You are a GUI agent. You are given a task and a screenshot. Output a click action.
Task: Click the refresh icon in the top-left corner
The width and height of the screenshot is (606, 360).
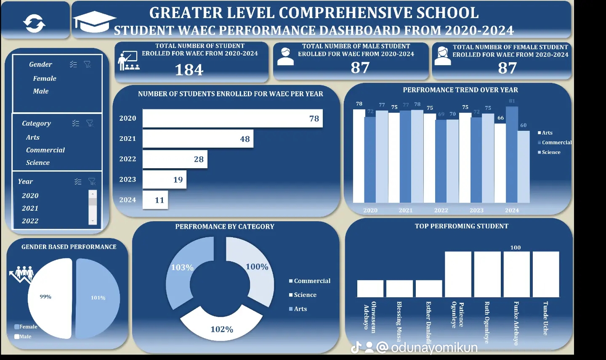35,23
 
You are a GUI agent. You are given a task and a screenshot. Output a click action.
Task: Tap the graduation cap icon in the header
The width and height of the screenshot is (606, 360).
94,22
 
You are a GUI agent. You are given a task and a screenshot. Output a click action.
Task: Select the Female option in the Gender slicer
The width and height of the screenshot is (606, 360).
45,79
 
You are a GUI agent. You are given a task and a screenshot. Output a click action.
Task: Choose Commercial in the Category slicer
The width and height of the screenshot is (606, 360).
45,150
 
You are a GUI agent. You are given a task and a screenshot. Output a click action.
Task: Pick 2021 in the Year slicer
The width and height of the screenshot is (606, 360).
30,208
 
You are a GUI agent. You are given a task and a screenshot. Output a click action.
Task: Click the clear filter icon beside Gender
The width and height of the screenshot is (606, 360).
88,64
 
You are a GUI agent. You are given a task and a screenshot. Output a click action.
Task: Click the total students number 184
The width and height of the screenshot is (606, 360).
189,70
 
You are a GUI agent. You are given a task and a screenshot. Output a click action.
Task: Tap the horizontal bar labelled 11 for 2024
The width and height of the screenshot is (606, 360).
155,200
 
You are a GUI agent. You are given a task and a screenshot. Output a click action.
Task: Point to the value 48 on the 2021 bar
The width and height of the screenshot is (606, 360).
245,139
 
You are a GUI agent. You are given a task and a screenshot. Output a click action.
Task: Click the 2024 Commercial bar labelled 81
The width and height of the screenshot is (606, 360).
512,154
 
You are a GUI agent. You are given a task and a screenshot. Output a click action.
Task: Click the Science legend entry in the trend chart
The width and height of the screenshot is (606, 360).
550,152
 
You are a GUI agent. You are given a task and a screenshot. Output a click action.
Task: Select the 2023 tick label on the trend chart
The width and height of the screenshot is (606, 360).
476,210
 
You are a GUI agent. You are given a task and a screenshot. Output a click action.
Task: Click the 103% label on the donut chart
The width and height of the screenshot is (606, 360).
182,267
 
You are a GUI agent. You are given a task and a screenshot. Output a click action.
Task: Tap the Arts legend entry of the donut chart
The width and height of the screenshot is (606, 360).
300,309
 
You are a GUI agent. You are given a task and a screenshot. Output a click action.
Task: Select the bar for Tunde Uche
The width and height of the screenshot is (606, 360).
546,275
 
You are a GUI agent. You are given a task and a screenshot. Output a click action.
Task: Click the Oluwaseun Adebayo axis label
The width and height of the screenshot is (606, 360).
369,318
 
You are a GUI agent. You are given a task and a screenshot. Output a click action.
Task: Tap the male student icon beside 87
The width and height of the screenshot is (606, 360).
285,56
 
